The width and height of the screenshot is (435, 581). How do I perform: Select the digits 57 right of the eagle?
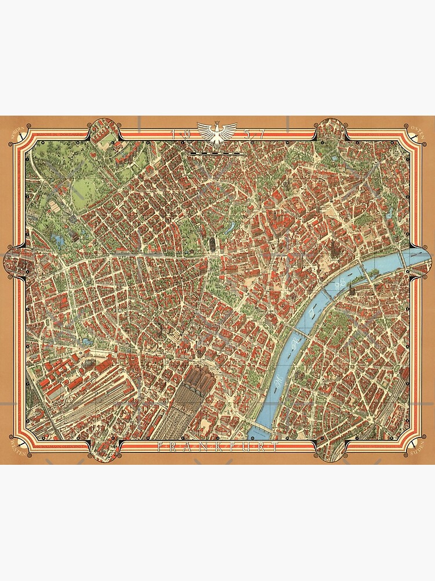[255, 134]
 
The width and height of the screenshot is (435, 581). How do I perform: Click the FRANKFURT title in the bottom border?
[217, 447]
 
